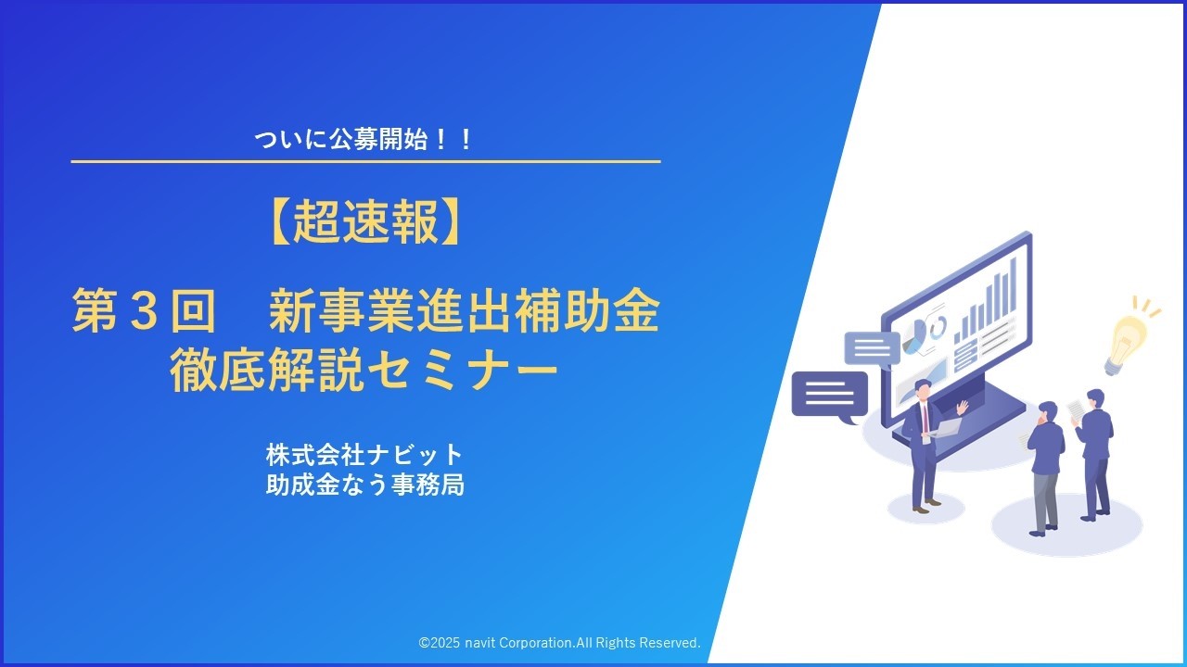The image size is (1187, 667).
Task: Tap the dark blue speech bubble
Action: tap(828, 395)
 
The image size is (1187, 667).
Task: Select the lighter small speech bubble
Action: tap(872, 348)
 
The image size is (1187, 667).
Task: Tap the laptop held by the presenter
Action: tap(943, 427)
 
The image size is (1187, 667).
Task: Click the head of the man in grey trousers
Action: tap(1047, 410)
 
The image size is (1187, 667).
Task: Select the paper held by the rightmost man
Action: tap(1075, 409)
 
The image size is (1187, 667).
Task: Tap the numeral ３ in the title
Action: tap(142, 313)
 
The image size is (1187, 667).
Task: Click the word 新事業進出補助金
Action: tap(464, 313)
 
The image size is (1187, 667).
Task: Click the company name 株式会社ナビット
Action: tap(364, 455)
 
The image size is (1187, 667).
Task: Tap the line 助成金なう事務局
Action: tap(364, 484)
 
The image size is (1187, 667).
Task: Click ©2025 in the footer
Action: tap(440, 642)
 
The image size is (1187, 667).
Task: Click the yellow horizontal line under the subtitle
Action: tap(365, 162)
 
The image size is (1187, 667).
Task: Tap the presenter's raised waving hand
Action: tap(963, 407)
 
